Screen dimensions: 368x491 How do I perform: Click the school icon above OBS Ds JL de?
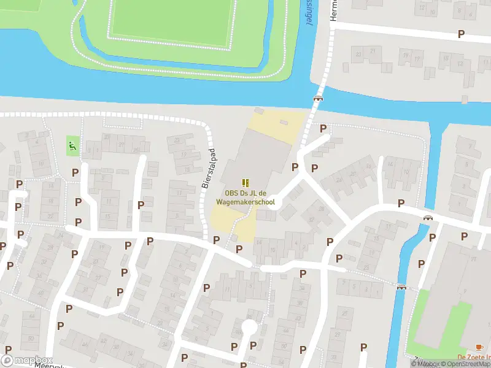(245, 182)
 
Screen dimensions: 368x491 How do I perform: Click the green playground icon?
(72, 145)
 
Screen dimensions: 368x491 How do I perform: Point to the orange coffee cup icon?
(479, 347)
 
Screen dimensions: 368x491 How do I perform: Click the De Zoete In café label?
(474, 358)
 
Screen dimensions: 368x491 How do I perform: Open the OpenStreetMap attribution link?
(463, 364)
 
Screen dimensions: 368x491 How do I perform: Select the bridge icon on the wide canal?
(318, 98)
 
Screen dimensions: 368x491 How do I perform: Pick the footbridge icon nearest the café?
(402, 286)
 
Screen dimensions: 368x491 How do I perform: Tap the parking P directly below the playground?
(75, 174)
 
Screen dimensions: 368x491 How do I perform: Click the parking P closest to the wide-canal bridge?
(323, 128)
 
